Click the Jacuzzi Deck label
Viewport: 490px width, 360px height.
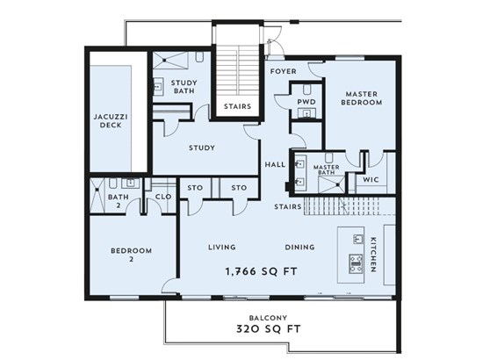point(111,121)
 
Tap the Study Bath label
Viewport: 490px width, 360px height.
point(184,87)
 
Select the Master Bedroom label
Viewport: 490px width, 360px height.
point(361,98)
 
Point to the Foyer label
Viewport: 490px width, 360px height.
point(283,71)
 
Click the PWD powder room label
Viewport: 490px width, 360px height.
point(306,102)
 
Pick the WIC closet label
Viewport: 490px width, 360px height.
point(371,180)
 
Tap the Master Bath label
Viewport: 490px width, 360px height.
point(327,169)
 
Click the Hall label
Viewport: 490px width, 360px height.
point(275,164)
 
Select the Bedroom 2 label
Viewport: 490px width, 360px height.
point(131,255)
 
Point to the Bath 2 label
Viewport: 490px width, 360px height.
point(119,201)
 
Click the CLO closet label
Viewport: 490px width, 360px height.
point(163,197)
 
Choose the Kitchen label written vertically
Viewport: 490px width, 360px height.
point(373,255)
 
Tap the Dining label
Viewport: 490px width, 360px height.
point(299,248)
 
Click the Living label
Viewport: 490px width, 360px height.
point(222,248)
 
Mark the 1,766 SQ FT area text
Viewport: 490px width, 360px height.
point(261,271)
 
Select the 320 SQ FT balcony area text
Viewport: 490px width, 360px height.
point(268,328)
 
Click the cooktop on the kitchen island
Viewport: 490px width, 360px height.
point(356,263)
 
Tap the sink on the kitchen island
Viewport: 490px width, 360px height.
point(358,239)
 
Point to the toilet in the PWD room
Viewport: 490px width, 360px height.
point(306,90)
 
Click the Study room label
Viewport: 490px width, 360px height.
point(202,148)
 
